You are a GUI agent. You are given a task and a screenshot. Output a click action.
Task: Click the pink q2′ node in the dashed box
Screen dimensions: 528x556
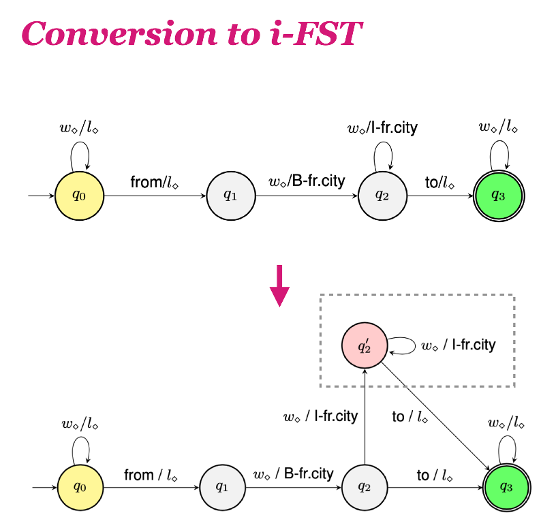pos(365,345)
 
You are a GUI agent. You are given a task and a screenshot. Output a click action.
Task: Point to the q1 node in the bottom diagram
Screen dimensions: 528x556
pos(222,487)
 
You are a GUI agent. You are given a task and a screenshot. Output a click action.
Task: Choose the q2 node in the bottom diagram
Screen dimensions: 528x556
pos(365,487)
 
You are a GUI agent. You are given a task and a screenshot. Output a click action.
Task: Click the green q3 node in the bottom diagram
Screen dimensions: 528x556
pos(506,487)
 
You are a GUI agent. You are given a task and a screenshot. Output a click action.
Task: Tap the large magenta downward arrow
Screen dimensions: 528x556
pos(279,287)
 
